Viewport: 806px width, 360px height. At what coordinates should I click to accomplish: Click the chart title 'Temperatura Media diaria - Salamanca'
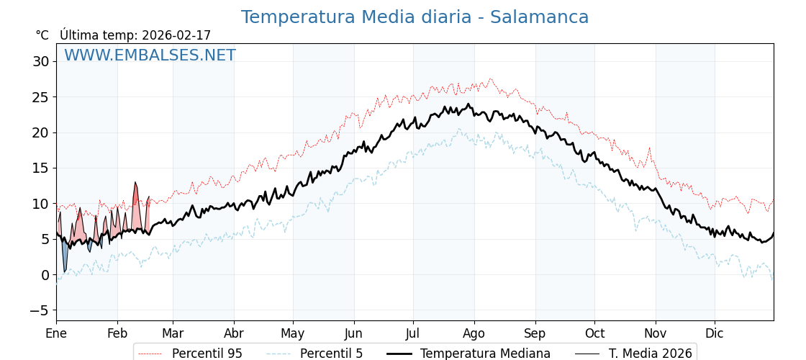click(x=415, y=17)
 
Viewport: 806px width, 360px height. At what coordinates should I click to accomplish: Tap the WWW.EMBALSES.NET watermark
click(x=150, y=55)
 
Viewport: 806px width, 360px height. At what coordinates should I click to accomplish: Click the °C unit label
click(x=42, y=35)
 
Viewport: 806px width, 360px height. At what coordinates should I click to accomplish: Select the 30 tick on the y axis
click(x=40, y=61)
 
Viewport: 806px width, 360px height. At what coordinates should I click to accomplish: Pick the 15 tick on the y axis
click(x=40, y=168)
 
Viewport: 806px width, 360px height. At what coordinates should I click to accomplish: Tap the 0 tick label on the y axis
click(x=45, y=275)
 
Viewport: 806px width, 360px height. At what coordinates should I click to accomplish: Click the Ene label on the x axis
click(x=56, y=333)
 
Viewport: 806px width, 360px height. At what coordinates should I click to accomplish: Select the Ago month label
click(x=474, y=333)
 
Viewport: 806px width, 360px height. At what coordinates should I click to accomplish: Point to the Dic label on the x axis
click(x=715, y=333)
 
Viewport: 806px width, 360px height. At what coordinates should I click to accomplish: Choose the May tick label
click(x=292, y=333)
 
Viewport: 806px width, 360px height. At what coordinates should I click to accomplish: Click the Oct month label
click(x=594, y=333)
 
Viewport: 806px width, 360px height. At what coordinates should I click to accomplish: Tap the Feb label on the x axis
click(x=117, y=333)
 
